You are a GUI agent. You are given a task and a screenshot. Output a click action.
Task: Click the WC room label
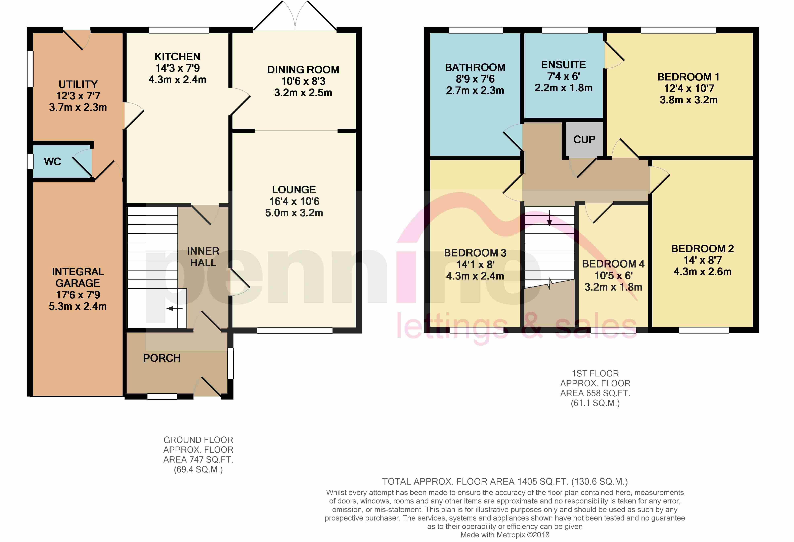click(x=53, y=162)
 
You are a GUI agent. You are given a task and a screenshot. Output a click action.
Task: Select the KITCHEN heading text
click(x=177, y=56)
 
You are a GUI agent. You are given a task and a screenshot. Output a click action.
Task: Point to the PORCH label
click(x=162, y=358)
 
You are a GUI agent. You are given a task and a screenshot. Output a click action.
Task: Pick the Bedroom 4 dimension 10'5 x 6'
click(x=614, y=276)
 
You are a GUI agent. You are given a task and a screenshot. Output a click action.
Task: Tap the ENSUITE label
click(x=563, y=64)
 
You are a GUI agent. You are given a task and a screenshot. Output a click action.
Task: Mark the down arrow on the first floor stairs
click(x=549, y=219)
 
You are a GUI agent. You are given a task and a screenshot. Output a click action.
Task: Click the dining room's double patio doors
click(x=295, y=15)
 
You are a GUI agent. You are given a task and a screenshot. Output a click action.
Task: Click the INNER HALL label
click(x=203, y=257)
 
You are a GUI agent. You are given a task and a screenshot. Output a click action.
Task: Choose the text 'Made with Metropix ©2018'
click(x=505, y=535)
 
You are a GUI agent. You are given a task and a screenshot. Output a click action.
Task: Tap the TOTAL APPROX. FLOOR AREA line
click(x=505, y=482)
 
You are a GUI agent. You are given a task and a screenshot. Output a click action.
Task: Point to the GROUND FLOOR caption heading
click(x=198, y=440)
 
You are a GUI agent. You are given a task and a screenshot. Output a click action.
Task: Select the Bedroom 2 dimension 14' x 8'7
click(x=702, y=260)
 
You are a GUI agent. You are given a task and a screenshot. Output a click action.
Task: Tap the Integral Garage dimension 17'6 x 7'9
click(x=78, y=295)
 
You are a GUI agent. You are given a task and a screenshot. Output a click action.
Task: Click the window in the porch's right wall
click(x=231, y=363)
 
